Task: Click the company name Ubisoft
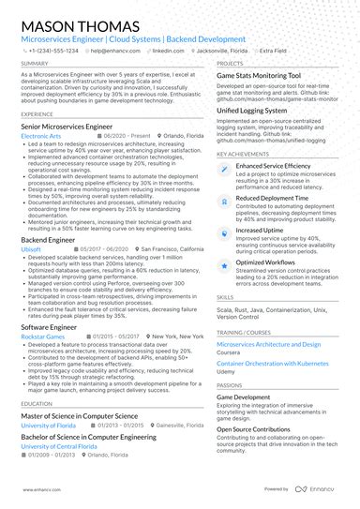tap(31, 250)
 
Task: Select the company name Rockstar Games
tap(43, 335)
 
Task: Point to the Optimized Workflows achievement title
tap(267, 262)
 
